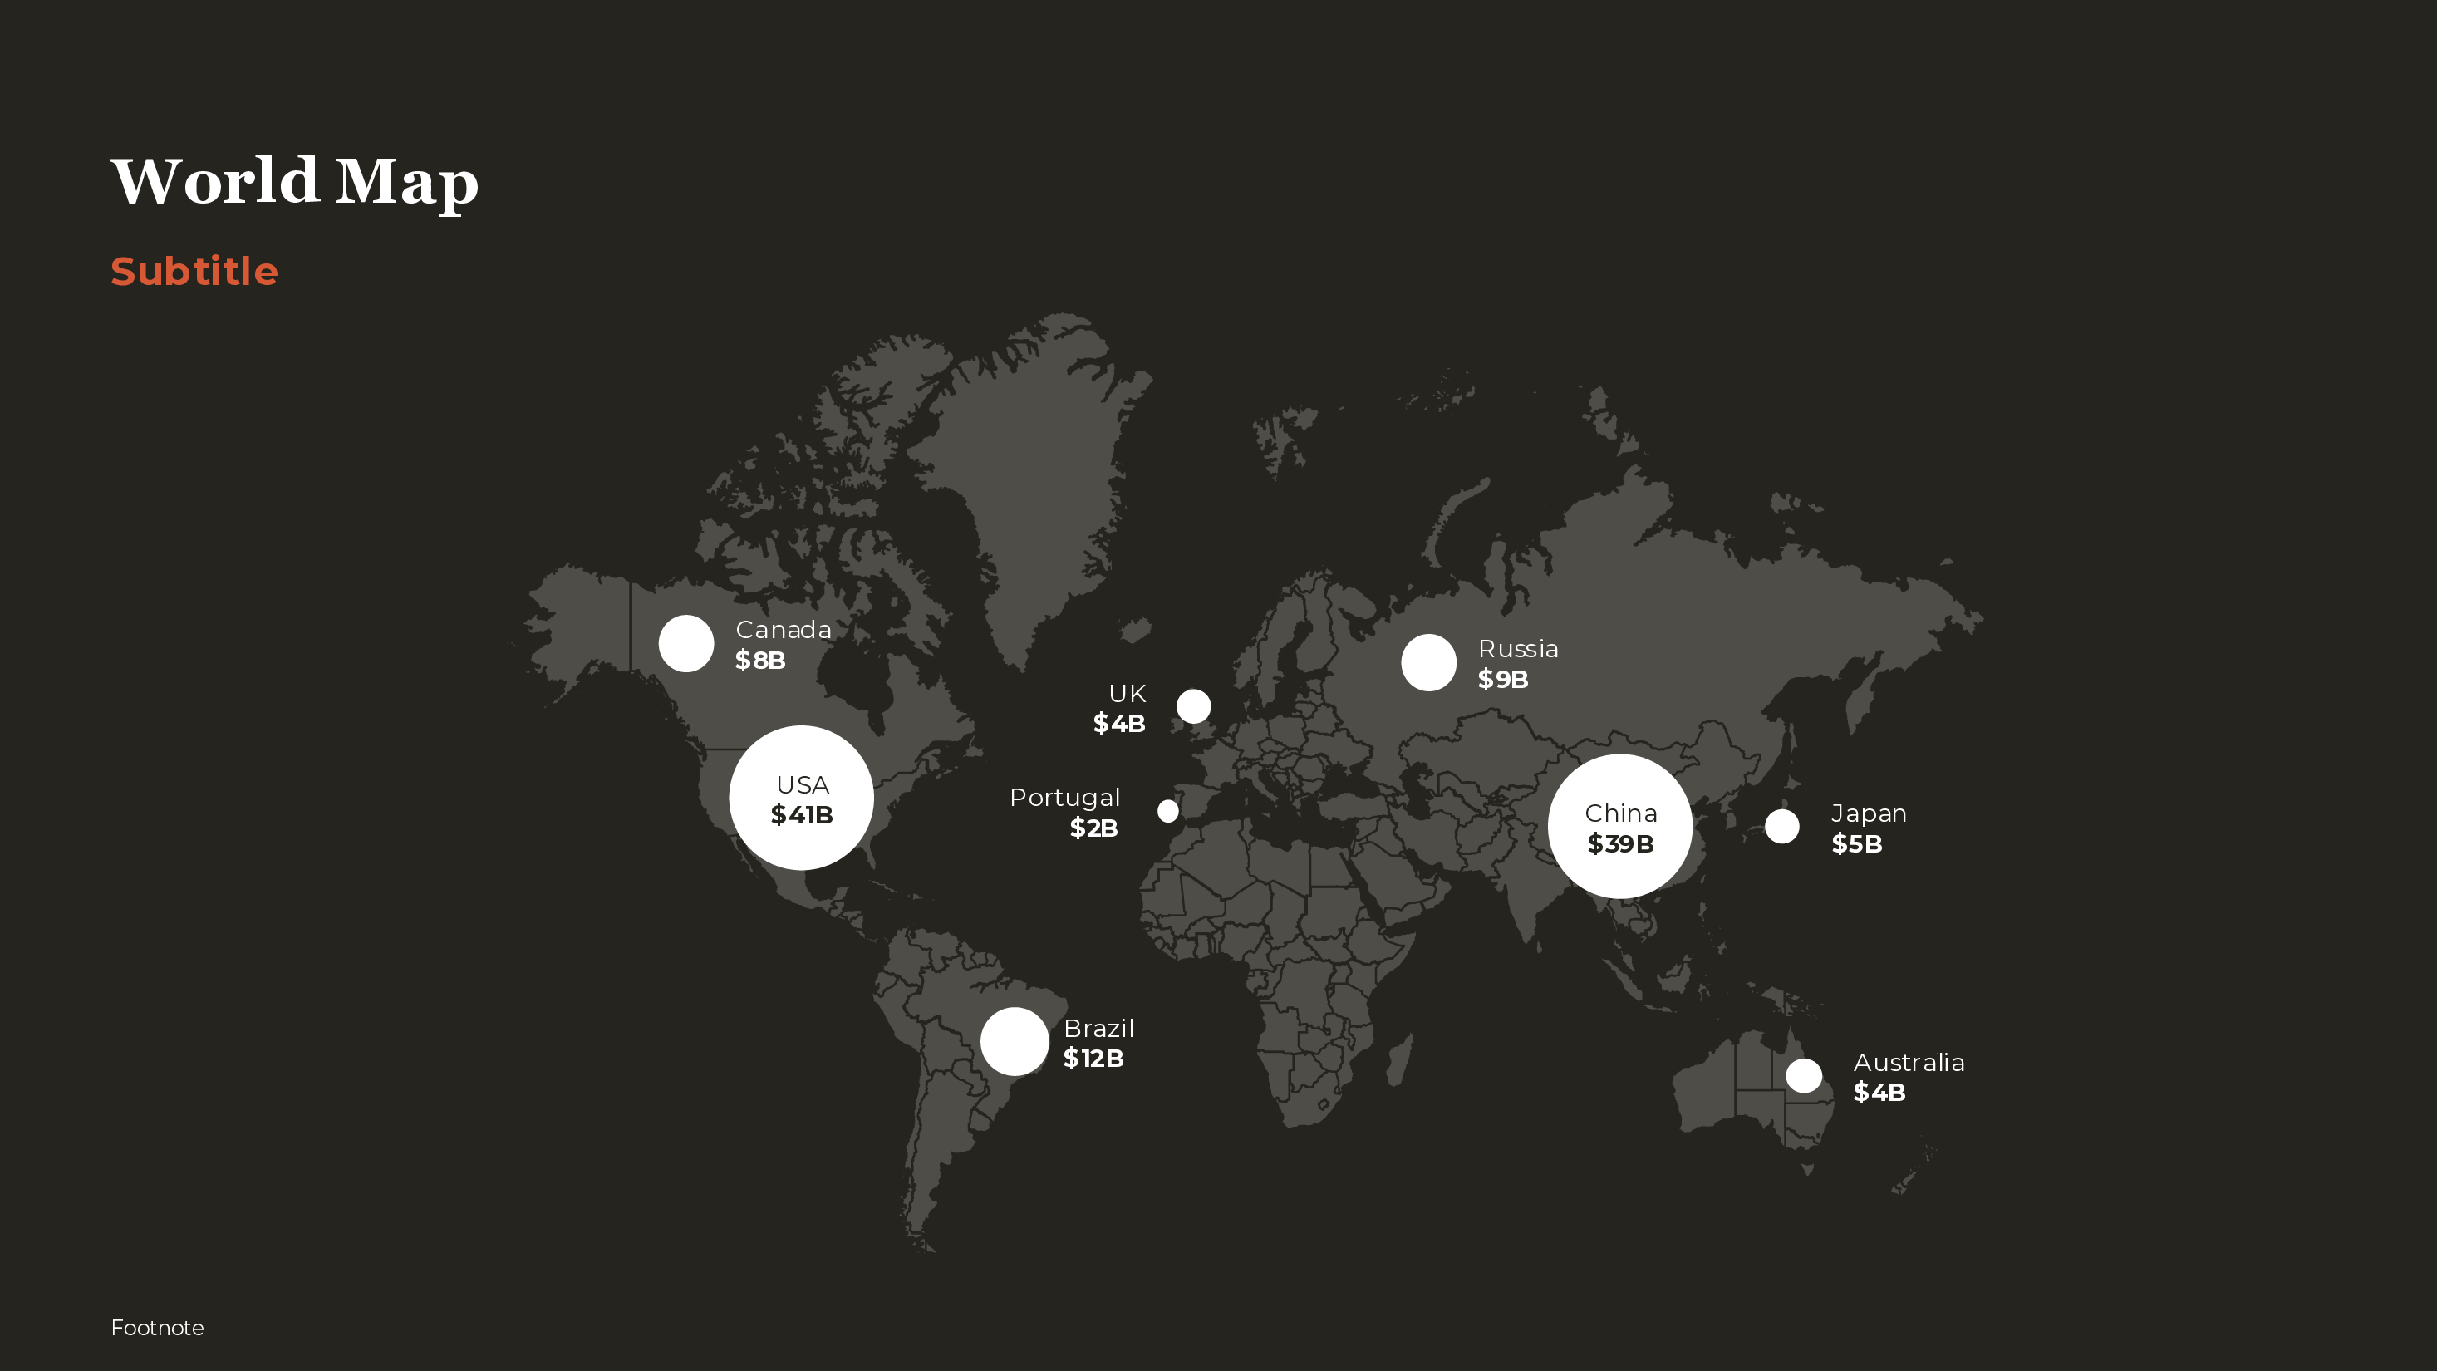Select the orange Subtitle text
coord(194,272)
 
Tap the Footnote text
coord(157,1328)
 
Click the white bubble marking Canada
coord(685,643)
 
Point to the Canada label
coord(784,630)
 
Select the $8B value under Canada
coord(759,661)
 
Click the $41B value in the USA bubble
coord(801,814)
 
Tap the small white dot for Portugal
coord(1168,811)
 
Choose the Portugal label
coord(1064,798)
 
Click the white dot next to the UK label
coord(1193,705)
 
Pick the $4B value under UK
coord(1119,724)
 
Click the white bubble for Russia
coord(1428,662)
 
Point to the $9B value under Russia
coord(1502,680)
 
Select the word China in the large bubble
coord(1620,813)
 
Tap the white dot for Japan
coord(1781,826)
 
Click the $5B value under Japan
coord(1856,844)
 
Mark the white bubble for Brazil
coord(1015,1041)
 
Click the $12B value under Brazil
coord(1093,1059)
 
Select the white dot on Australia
coord(1803,1076)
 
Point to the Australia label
coord(1909,1063)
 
